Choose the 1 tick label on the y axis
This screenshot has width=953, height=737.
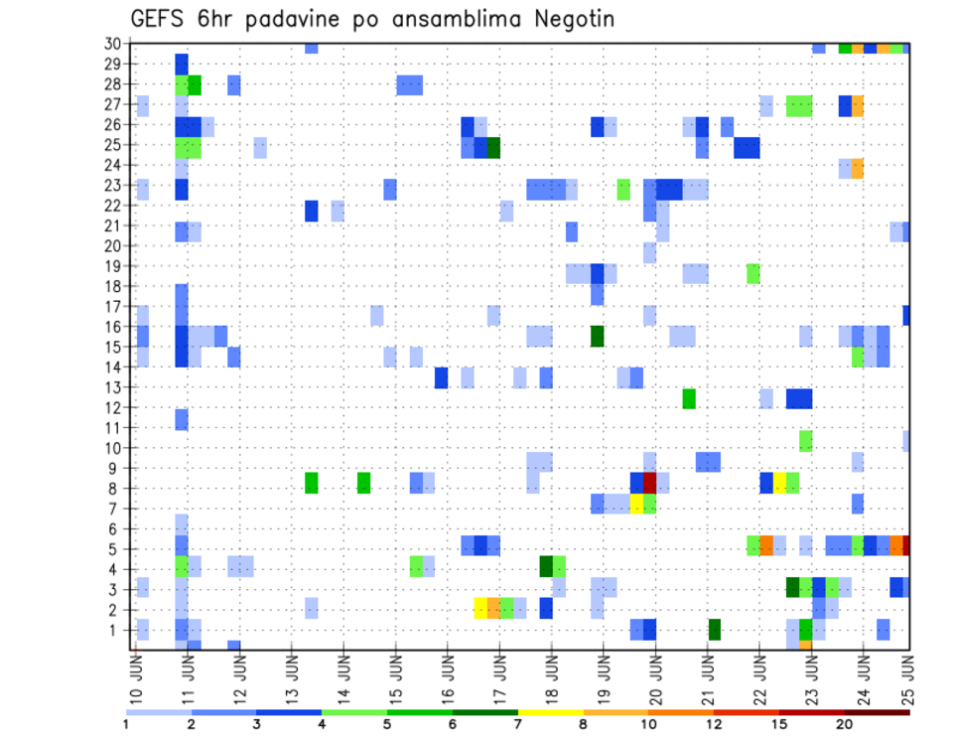[x=116, y=630]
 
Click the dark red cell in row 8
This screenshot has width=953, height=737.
[x=650, y=483]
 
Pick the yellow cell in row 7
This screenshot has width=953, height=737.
[x=637, y=504]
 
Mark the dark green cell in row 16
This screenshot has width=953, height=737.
[x=598, y=336]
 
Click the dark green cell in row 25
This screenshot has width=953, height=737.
[x=493, y=147]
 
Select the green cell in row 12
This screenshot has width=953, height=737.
[x=689, y=398]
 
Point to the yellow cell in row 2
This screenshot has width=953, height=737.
[x=480, y=608]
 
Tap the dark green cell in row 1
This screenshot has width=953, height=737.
[x=715, y=629]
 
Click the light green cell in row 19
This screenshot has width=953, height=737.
[x=753, y=273]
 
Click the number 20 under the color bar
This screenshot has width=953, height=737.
[x=845, y=724]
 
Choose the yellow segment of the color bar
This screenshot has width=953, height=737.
[x=550, y=712]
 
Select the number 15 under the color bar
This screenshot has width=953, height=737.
[x=779, y=724]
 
